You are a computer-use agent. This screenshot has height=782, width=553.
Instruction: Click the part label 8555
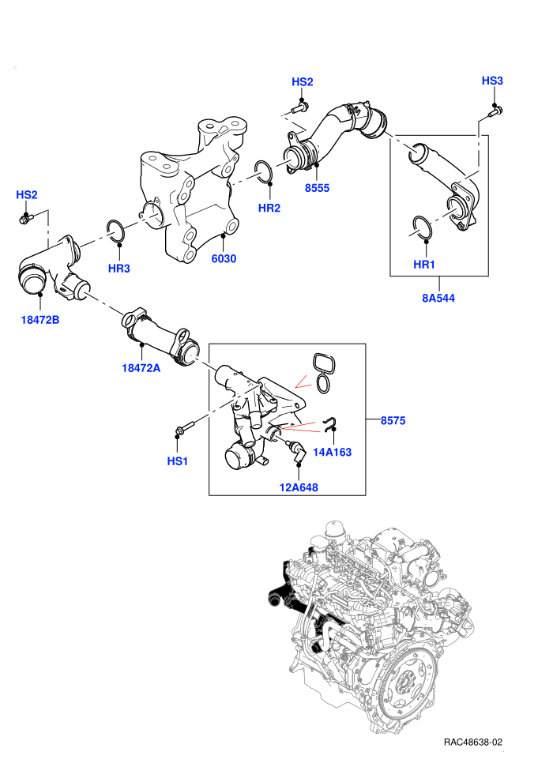(317, 188)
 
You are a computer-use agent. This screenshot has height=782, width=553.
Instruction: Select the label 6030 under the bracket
(224, 258)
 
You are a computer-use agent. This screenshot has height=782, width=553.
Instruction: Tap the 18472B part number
(39, 319)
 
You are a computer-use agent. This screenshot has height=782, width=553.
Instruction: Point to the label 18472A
(141, 368)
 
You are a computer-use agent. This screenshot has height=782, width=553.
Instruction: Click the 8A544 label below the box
(438, 298)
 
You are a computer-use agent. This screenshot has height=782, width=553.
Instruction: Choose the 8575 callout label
(393, 420)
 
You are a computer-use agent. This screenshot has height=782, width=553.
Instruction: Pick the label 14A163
(332, 452)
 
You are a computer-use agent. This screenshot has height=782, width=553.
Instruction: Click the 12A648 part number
(299, 487)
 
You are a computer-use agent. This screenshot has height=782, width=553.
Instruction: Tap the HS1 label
(178, 461)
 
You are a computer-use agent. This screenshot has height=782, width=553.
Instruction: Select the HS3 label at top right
(492, 81)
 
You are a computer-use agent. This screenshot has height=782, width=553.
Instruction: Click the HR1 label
(424, 265)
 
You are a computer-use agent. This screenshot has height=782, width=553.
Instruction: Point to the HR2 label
(269, 208)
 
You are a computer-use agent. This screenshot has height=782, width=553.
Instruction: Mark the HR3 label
(118, 269)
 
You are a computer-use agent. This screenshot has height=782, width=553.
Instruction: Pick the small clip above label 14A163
(329, 423)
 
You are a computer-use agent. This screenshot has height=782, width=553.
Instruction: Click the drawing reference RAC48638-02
(472, 742)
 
